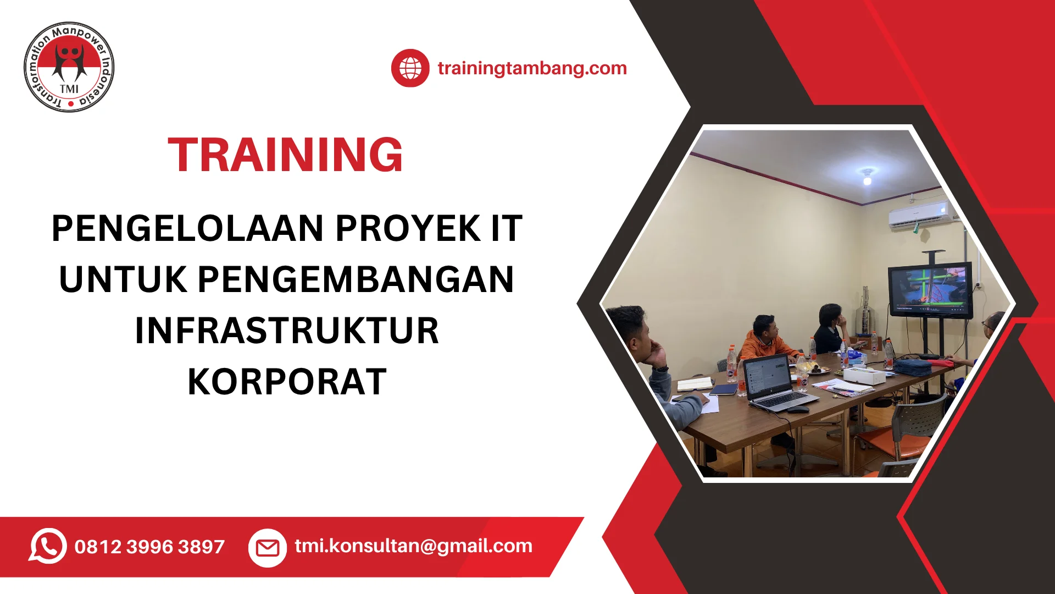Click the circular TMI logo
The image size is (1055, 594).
69,67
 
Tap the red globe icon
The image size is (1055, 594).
410,68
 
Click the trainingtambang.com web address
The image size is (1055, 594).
532,68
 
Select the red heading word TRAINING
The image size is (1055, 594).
285,155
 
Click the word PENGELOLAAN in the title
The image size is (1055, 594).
187,228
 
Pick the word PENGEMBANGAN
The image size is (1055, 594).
356,279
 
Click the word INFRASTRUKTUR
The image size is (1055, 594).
287,331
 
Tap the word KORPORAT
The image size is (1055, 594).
287,382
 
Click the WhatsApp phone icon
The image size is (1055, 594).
48,546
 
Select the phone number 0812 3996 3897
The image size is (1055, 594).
149,547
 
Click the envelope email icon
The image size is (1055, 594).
268,548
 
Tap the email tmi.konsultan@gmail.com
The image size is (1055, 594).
413,546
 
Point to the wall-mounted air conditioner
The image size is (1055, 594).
923,215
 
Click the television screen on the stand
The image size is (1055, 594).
930,290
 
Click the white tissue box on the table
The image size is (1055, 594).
864,375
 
